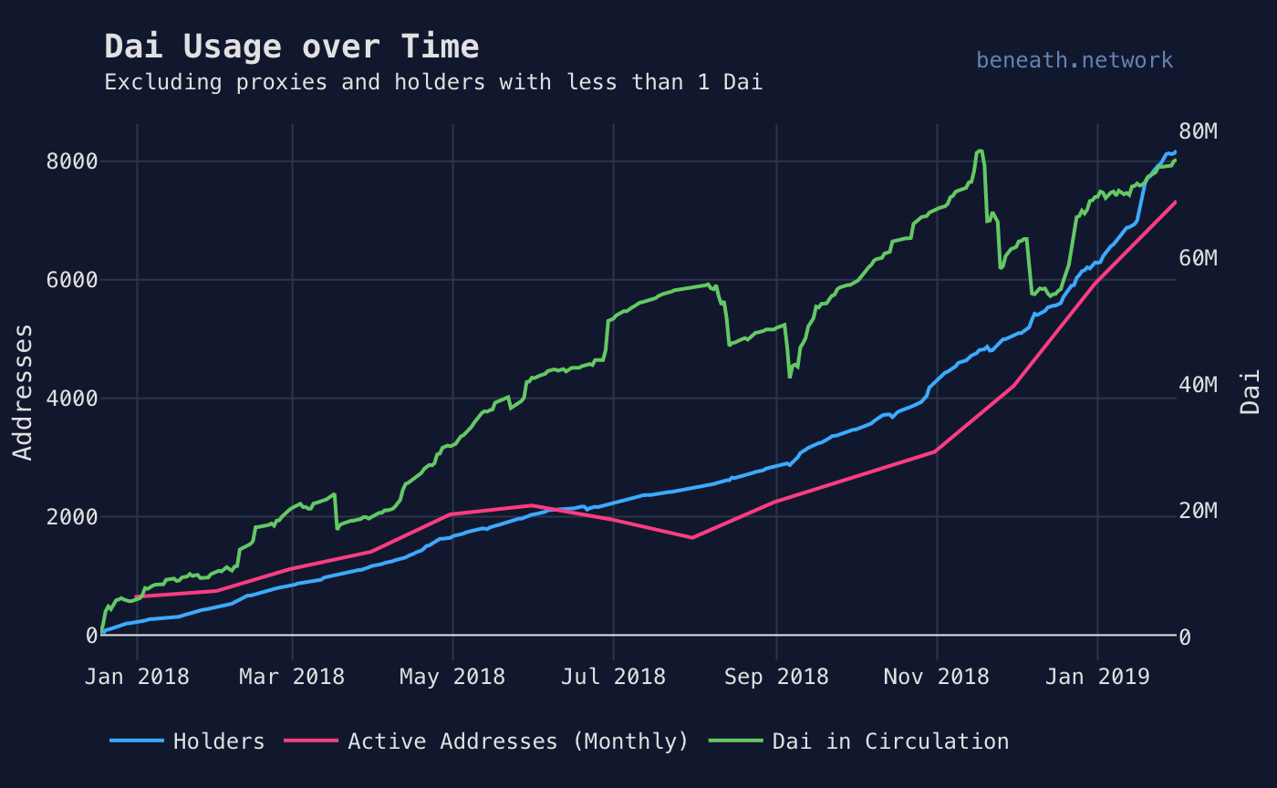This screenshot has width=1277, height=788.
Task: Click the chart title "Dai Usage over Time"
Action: (x=291, y=47)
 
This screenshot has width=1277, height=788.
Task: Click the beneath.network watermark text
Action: (x=1074, y=60)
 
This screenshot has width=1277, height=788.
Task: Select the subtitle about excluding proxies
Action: (x=433, y=82)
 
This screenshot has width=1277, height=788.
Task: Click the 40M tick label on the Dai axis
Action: (x=1198, y=385)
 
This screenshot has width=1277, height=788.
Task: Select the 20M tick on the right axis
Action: (x=1198, y=511)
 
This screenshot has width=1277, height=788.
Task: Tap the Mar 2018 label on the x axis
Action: (x=292, y=677)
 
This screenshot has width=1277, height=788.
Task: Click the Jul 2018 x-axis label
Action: (x=613, y=677)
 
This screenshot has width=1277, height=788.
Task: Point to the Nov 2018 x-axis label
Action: (x=937, y=677)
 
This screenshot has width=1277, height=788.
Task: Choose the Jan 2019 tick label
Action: (x=1097, y=677)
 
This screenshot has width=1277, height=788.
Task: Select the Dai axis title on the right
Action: (x=1251, y=392)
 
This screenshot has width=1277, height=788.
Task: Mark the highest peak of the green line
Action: (x=980, y=151)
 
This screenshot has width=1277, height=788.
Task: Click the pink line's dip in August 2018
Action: (x=691, y=537)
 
